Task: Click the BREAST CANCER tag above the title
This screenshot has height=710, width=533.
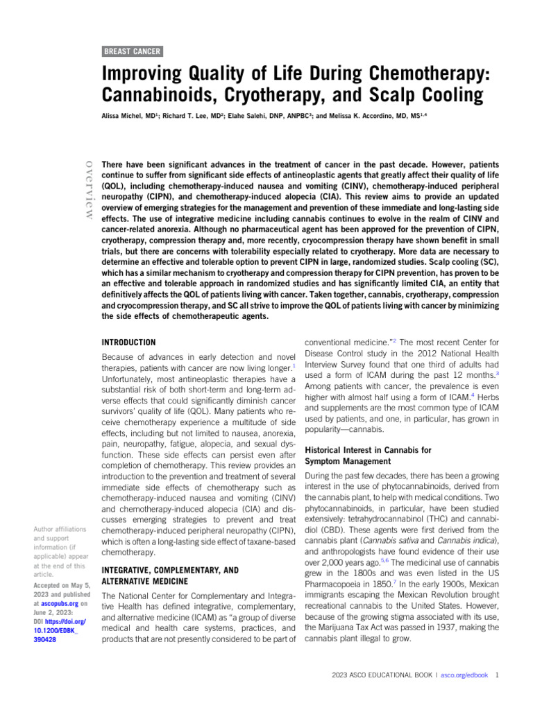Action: (x=133, y=51)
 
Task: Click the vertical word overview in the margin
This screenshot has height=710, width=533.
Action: (x=88, y=189)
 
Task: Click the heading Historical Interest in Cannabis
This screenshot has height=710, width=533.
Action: (x=368, y=450)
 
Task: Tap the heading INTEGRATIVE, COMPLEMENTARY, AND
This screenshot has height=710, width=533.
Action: (x=169, y=570)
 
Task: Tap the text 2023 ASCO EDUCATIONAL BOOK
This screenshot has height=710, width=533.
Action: (x=381, y=675)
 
